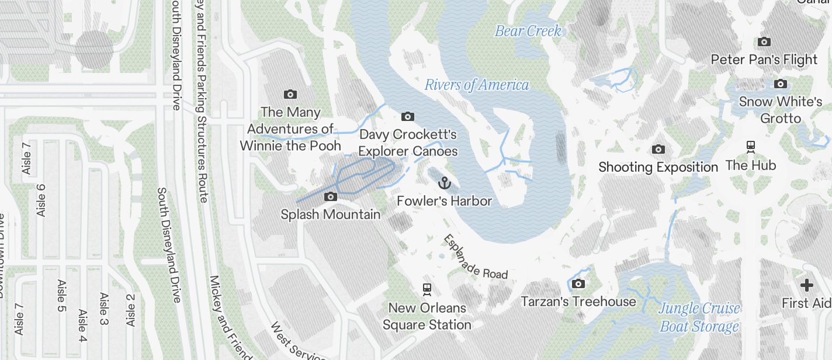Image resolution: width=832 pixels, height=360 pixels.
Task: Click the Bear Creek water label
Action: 528,31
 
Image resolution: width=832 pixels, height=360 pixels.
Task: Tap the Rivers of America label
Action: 476,85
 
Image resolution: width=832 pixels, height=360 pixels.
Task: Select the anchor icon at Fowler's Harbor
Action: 445,184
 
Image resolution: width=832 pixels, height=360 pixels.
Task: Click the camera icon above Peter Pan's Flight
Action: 764,41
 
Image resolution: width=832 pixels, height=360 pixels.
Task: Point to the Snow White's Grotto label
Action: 780,110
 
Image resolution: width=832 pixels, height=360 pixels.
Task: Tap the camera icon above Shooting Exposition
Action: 658,150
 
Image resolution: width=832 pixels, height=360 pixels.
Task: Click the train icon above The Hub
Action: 751,146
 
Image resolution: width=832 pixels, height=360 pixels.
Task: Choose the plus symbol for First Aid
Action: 807,285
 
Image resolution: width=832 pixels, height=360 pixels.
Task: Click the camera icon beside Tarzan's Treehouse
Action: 578,284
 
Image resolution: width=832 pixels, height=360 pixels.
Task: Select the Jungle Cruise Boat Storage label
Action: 699,317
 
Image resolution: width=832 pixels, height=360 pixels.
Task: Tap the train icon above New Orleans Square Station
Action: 427,289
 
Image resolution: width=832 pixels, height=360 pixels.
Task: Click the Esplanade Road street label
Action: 475,257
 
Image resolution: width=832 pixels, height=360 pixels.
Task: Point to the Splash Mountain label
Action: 330,214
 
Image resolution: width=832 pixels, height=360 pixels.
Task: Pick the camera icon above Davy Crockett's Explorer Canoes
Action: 408,117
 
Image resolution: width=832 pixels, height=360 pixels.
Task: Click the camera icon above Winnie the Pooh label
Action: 290,94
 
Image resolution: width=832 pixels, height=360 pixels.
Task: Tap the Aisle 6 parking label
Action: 41,200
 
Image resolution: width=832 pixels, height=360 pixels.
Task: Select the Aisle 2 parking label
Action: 130,310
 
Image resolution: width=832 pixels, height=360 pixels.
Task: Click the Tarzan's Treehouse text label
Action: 578,302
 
